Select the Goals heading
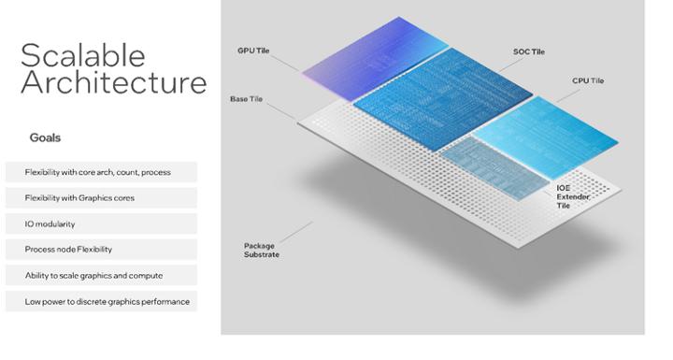point(45,137)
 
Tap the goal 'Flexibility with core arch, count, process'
point(97,172)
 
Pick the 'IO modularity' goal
point(51,223)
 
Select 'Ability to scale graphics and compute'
point(93,275)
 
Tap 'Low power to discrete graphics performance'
point(107,301)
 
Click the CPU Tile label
point(587,81)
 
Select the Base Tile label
point(247,98)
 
